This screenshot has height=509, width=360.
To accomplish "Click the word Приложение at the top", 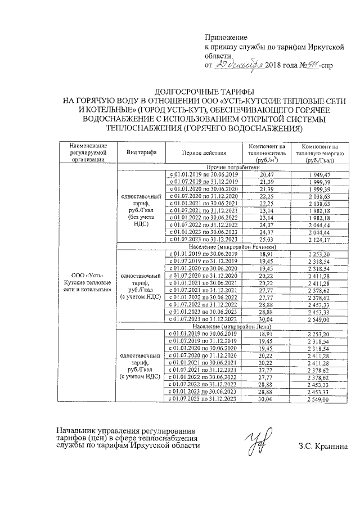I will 225,36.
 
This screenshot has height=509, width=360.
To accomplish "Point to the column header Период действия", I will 204,152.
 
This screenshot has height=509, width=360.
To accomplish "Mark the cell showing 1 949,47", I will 320,175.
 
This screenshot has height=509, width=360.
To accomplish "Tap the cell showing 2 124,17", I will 320,240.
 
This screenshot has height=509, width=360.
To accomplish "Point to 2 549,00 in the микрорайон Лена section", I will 320,399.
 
